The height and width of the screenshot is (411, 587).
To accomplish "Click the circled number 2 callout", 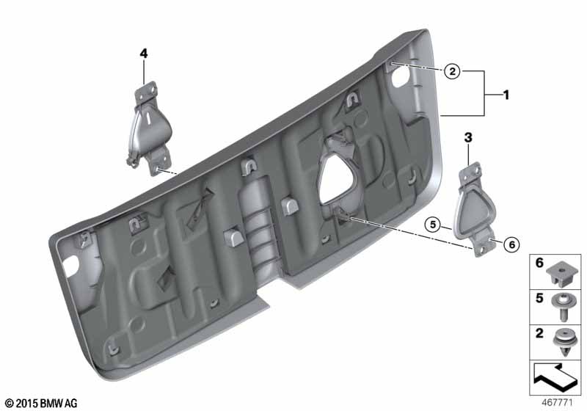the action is click(x=452, y=70).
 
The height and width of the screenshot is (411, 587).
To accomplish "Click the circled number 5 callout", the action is click(x=433, y=225).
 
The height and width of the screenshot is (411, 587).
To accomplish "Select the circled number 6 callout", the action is click(x=511, y=245).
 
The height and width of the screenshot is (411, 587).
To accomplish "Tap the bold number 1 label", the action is click(x=506, y=95).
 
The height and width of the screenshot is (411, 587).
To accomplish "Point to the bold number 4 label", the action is click(x=144, y=54).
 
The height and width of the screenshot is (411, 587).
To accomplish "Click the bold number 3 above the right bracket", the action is click(x=468, y=138).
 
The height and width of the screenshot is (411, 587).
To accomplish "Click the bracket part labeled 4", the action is click(x=149, y=128).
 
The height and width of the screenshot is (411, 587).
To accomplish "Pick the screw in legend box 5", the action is click(x=562, y=307).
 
